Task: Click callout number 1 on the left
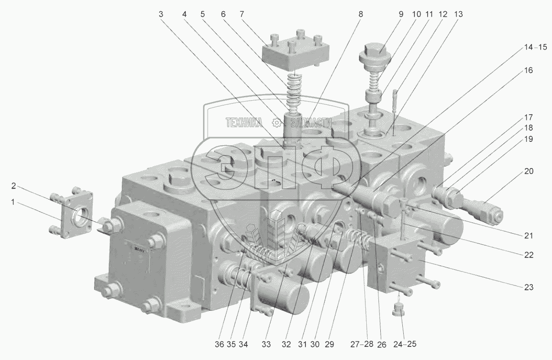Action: coord(13,202)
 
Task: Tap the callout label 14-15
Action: coord(535,47)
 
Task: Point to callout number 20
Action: coord(529,171)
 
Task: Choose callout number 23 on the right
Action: coord(529,287)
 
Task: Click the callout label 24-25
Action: coord(405,344)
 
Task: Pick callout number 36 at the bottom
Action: coord(219,344)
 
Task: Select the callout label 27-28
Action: coord(362,344)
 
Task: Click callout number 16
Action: coord(529,70)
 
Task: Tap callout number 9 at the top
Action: coord(401,14)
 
